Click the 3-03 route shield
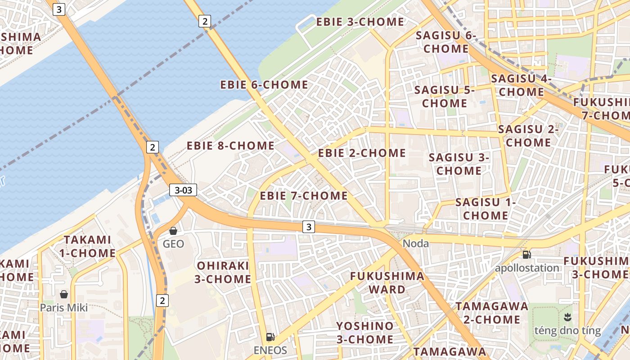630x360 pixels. [184, 190]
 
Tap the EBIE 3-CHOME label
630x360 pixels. [360, 22]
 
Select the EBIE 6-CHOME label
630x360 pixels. [264, 85]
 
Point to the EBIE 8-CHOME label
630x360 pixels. [230, 146]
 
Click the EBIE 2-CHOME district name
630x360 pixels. [362, 153]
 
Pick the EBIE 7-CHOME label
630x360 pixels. [304, 196]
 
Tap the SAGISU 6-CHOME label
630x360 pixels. [445, 42]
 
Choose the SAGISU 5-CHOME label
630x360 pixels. [445, 96]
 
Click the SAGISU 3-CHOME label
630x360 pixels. [459, 164]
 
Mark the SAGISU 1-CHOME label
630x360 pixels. [486, 209]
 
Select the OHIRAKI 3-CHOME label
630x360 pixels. [223, 272]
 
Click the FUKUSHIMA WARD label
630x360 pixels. [387, 283]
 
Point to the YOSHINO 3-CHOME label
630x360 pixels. [365, 332]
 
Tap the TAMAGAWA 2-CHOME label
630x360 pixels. [492, 313]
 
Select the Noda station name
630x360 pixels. [415, 243]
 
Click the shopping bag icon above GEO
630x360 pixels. [173, 231]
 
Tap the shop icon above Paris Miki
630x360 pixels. [64, 294]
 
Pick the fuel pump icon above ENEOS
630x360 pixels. [270, 337]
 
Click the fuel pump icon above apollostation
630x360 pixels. [526, 255]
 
